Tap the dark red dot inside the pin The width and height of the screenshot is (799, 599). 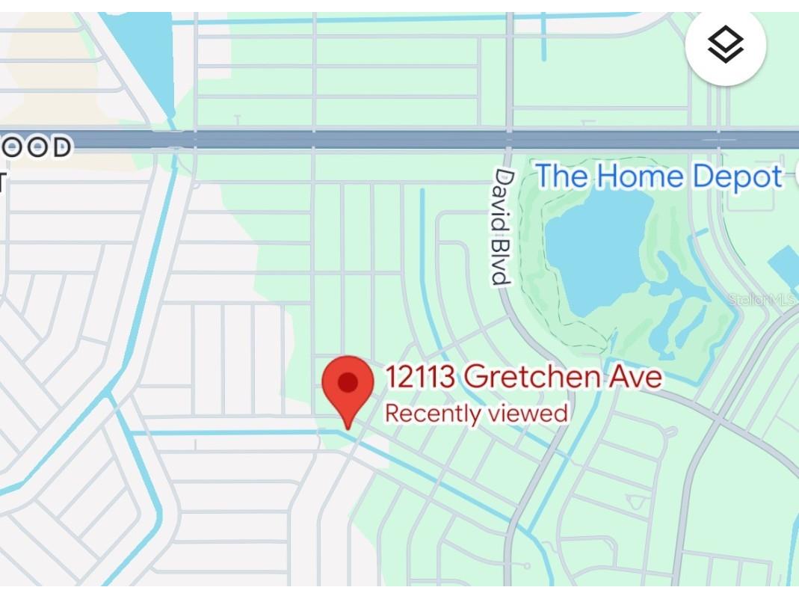(348, 383)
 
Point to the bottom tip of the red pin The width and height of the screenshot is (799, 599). (348, 428)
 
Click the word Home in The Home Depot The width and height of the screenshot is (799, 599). (640, 177)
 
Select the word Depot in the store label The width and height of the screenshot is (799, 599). (737, 177)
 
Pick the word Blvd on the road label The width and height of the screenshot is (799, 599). (501, 259)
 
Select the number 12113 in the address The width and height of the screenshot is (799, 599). (419, 377)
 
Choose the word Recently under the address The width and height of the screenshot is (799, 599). (429, 413)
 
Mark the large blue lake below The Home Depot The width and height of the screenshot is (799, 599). (598, 247)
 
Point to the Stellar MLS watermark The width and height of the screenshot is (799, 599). (762, 299)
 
